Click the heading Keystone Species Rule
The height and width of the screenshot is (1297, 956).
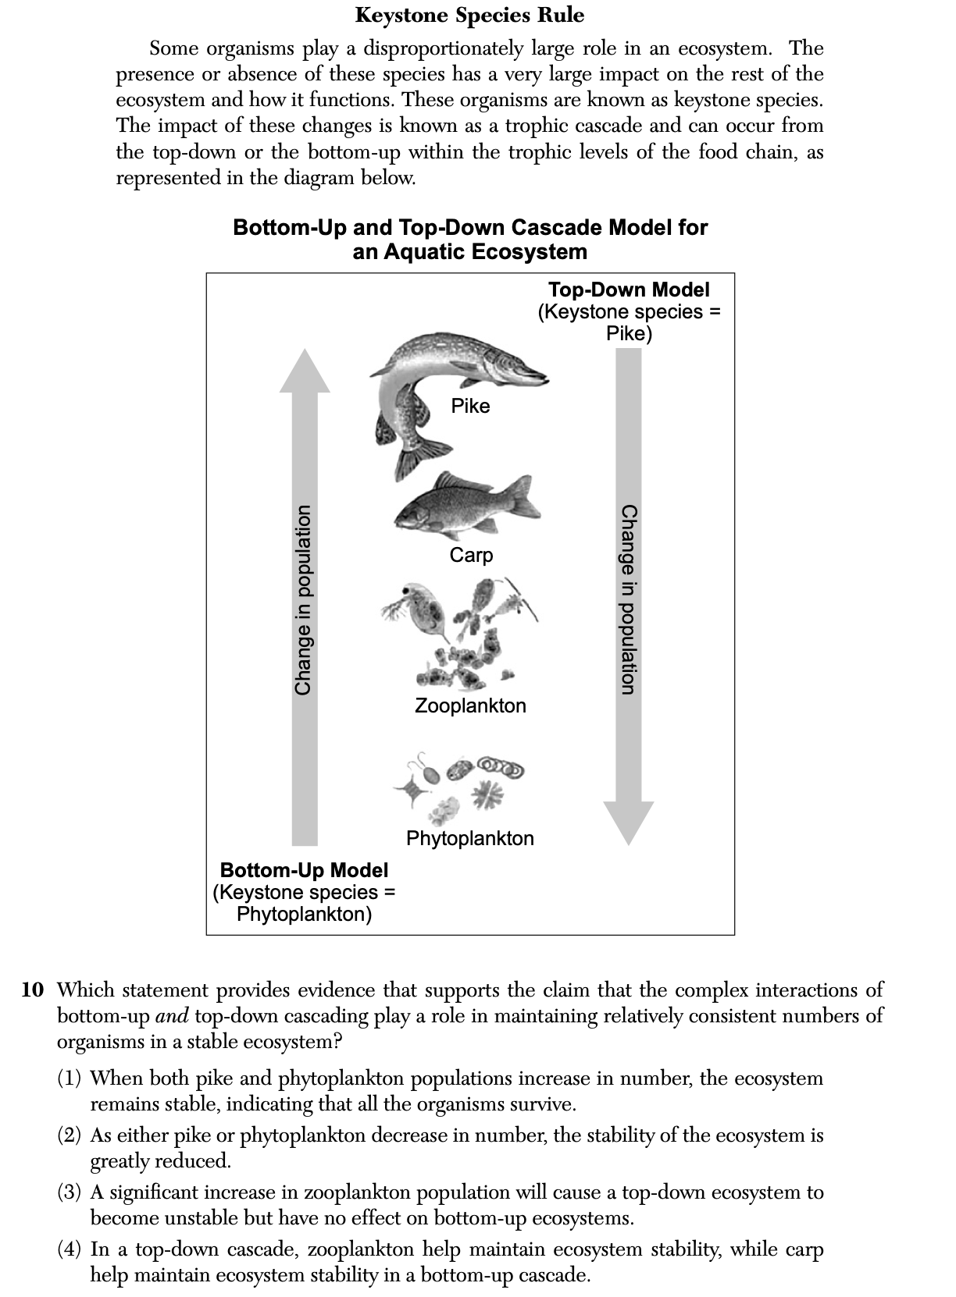coord(469,15)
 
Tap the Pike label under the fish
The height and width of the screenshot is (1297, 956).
coord(470,406)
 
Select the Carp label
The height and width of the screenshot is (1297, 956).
coord(471,555)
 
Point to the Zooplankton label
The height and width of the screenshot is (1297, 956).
coord(470,705)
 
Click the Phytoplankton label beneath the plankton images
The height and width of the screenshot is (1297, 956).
coord(470,838)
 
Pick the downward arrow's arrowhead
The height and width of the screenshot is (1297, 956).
coord(629,823)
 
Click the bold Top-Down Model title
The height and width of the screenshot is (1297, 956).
coord(629,290)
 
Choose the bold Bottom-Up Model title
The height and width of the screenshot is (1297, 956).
coord(304,869)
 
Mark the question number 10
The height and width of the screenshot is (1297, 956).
coord(33,990)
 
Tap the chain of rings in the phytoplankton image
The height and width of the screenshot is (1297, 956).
coord(500,766)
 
